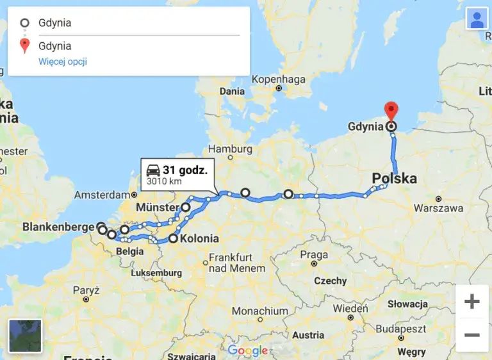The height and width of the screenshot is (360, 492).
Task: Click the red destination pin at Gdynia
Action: (x=391, y=111)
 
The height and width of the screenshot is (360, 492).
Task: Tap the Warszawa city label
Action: (x=438, y=208)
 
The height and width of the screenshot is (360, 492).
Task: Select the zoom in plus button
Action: (x=471, y=302)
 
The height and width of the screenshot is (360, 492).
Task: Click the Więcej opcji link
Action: (x=63, y=61)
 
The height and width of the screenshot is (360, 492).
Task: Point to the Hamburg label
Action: (x=230, y=149)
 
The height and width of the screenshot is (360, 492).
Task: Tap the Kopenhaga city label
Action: (x=278, y=79)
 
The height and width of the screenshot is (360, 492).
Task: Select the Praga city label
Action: (x=314, y=254)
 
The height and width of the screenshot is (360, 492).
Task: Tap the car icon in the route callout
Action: (x=153, y=170)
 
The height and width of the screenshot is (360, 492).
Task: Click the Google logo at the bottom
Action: (x=247, y=350)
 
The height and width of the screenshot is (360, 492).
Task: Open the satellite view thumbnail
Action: (x=25, y=336)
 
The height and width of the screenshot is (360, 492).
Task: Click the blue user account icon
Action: (x=477, y=19)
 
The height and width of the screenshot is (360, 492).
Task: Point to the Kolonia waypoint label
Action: (x=199, y=239)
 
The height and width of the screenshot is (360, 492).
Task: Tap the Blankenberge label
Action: (x=58, y=227)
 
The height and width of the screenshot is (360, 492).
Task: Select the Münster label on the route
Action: (x=157, y=208)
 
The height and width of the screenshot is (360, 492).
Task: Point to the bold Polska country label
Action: (x=395, y=178)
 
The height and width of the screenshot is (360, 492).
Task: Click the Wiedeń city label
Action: (x=350, y=308)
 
